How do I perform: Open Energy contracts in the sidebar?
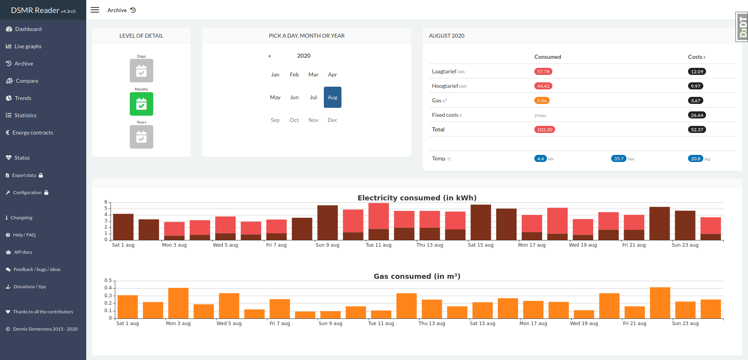click(x=29, y=133)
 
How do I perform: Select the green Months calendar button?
click(x=142, y=104)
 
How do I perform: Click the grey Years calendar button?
click(x=142, y=137)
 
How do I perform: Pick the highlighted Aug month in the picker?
click(x=332, y=97)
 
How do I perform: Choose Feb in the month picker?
click(x=294, y=75)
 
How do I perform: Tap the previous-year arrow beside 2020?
click(x=270, y=56)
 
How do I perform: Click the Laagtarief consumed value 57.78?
click(x=543, y=71)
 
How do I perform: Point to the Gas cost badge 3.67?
click(x=695, y=100)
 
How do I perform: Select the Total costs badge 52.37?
click(x=697, y=129)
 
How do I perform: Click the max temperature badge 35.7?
click(x=619, y=158)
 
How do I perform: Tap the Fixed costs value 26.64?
click(x=697, y=115)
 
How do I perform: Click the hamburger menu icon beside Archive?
click(x=95, y=10)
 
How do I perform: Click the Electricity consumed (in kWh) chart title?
click(x=417, y=198)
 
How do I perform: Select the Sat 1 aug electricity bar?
click(x=123, y=227)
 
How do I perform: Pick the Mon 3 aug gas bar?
click(x=178, y=303)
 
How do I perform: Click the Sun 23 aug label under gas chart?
click(x=685, y=324)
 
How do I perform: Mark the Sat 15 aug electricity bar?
click(x=481, y=222)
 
